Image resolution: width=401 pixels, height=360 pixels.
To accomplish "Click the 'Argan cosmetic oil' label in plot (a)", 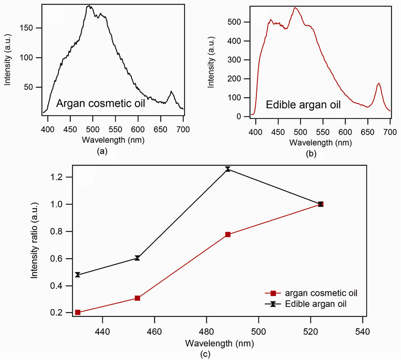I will (100, 104).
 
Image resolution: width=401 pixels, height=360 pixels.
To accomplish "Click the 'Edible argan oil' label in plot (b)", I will (303, 105).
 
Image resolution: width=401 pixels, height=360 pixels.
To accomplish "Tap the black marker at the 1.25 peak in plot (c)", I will (228, 169).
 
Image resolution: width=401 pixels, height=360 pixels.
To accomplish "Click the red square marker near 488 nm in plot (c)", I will (228, 234).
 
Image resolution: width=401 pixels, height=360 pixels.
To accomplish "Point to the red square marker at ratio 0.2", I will (78, 312).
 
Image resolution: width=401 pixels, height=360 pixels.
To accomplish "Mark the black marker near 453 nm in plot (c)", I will (138, 258).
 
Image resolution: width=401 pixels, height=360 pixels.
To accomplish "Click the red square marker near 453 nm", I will (138, 298).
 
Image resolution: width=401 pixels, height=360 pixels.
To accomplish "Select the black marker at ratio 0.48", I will (78, 275).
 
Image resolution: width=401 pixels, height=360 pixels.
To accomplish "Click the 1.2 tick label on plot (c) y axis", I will (59, 177).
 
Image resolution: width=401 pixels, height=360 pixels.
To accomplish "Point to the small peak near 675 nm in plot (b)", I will (379, 84).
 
